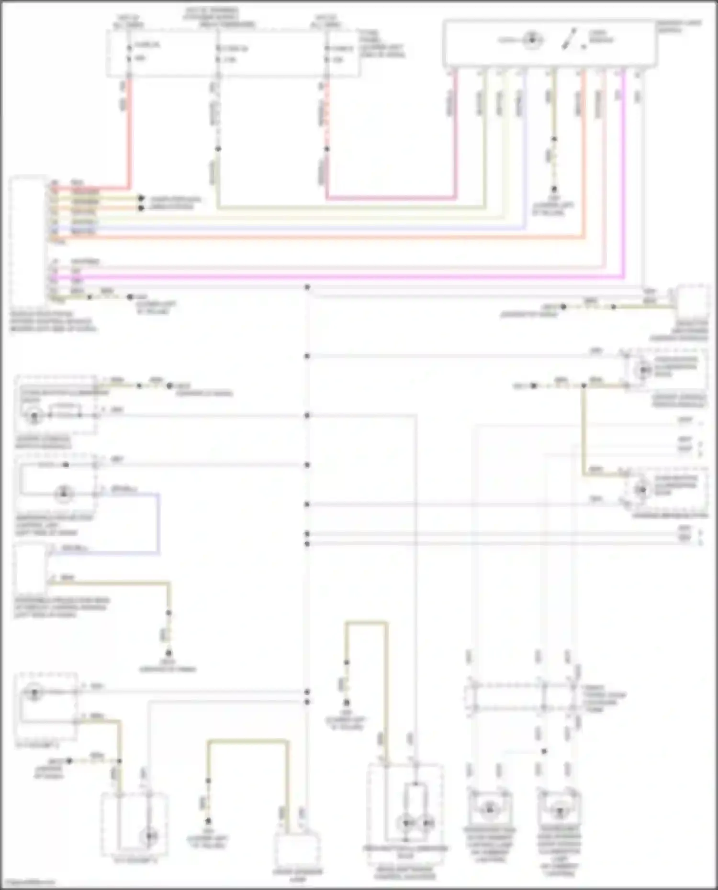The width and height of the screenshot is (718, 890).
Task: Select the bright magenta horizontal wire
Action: click(335, 277)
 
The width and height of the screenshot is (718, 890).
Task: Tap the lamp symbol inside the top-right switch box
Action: click(531, 40)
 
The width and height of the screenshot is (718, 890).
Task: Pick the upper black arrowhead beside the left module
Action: click(141, 198)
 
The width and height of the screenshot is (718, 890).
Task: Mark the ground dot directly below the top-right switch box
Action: click(554, 189)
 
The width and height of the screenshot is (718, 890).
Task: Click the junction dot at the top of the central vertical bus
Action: click(307, 287)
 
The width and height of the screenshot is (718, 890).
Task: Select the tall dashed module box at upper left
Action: click(29, 242)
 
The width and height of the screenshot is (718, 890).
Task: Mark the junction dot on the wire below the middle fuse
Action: click(218, 149)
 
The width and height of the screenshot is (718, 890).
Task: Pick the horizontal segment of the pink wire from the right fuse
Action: click(390, 197)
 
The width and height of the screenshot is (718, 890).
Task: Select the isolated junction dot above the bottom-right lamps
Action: click(544, 751)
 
